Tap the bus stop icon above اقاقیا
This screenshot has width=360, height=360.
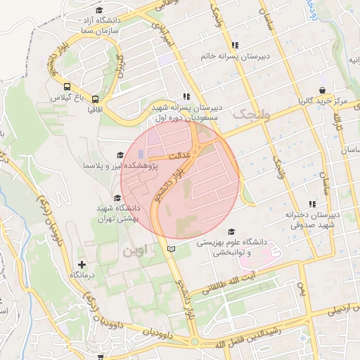(96, 99)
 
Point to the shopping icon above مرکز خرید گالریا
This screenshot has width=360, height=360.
(322, 90)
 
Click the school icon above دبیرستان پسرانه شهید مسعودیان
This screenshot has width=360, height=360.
(186, 96)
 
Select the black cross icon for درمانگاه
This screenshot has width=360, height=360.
(82, 265)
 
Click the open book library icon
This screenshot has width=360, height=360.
(172, 249)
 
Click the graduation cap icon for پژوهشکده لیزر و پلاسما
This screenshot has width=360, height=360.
(120, 155)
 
